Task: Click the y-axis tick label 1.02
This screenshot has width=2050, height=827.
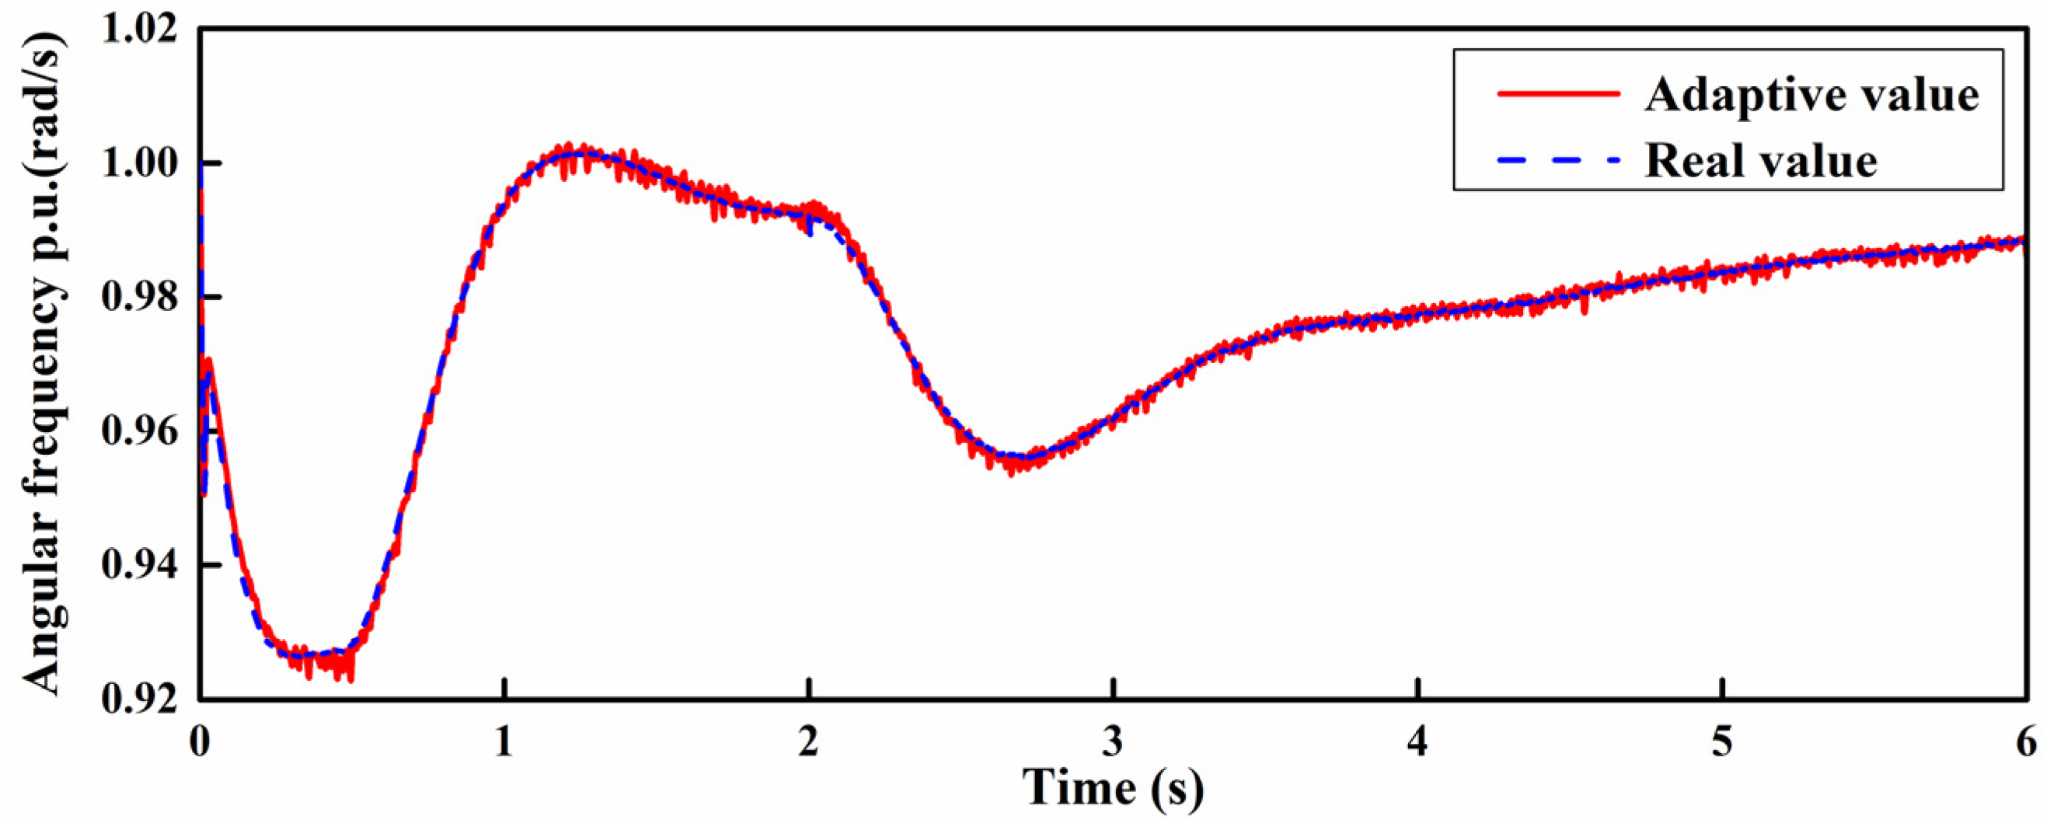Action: point(138,29)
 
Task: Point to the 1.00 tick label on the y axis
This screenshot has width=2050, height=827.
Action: point(138,163)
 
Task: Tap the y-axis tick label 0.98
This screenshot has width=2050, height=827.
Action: point(138,297)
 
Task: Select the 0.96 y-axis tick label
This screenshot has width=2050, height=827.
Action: point(138,431)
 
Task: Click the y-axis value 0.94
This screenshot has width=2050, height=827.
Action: point(138,565)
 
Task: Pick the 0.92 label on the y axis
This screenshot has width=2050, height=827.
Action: point(138,700)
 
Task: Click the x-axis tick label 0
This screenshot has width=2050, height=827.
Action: point(200,742)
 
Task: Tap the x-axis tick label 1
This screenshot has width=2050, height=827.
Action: point(504,742)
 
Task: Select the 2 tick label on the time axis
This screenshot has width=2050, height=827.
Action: point(808,742)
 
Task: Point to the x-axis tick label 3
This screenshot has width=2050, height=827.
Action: point(1113,742)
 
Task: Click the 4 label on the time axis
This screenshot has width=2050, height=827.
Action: point(1417,742)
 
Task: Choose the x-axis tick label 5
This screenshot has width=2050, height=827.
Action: point(1721,742)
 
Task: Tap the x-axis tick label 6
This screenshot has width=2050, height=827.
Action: point(2026,742)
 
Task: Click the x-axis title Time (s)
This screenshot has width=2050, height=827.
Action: point(1113,789)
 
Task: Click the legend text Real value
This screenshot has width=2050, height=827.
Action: point(1761,161)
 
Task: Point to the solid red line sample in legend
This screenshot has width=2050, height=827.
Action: point(1558,115)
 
